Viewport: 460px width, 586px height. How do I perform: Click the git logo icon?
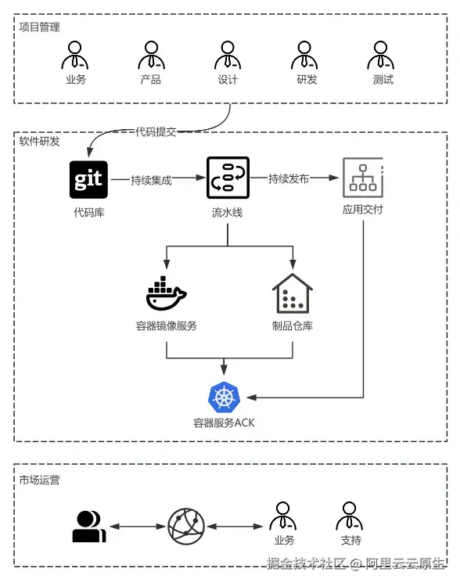tap(88, 179)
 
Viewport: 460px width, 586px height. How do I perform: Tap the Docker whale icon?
tap(166, 295)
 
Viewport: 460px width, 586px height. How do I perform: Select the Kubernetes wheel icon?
tap(225, 397)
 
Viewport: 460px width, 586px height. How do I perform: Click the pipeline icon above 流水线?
tap(227, 178)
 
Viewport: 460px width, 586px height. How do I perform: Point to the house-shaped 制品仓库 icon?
tap(292, 295)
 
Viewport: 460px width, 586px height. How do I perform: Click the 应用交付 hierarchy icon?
tap(362, 178)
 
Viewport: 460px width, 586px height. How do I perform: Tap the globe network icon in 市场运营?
tap(186, 527)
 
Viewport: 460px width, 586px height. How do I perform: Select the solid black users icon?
tap(88, 527)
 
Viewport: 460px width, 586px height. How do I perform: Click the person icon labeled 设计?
tap(228, 55)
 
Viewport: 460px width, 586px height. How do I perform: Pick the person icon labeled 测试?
tap(383, 55)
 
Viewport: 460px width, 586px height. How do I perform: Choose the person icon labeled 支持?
tap(350, 516)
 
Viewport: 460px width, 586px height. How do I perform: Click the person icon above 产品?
tap(150, 55)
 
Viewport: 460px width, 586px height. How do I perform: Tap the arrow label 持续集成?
tap(152, 179)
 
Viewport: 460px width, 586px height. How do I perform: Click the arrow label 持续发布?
tap(289, 179)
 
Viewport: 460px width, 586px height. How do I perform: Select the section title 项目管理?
tap(39, 27)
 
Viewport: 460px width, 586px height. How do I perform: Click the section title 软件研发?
tap(39, 142)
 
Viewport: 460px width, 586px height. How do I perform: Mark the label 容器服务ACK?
tap(224, 422)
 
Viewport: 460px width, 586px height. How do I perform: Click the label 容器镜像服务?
tap(166, 326)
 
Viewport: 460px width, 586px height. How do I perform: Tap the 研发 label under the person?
tap(307, 80)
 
